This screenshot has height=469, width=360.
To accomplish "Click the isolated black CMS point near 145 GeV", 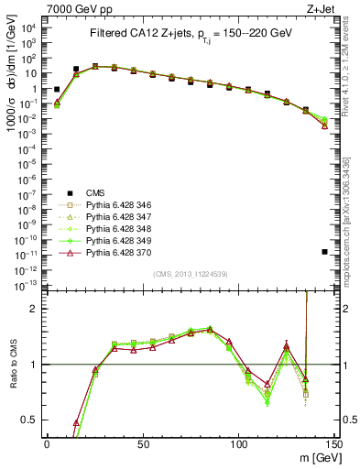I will (x=325, y=251).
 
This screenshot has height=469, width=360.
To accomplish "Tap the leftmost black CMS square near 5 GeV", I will (x=57, y=90).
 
